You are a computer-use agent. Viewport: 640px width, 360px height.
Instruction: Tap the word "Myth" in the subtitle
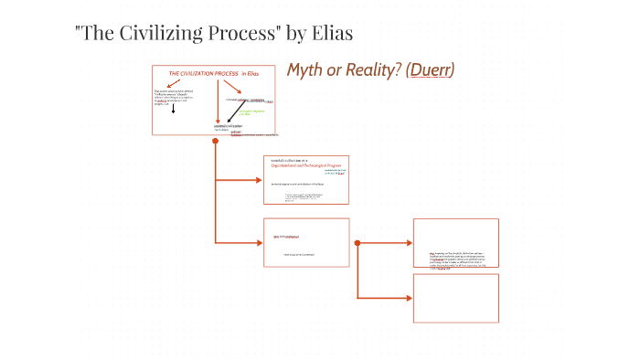click(308, 70)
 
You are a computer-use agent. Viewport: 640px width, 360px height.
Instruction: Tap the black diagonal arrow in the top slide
click(235, 89)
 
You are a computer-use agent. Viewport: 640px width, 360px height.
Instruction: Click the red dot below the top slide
click(215, 143)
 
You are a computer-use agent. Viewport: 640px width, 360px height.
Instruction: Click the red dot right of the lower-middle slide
click(357, 243)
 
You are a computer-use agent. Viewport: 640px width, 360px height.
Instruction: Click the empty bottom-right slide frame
click(455, 298)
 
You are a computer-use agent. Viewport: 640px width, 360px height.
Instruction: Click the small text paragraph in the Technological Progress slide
click(304, 196)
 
